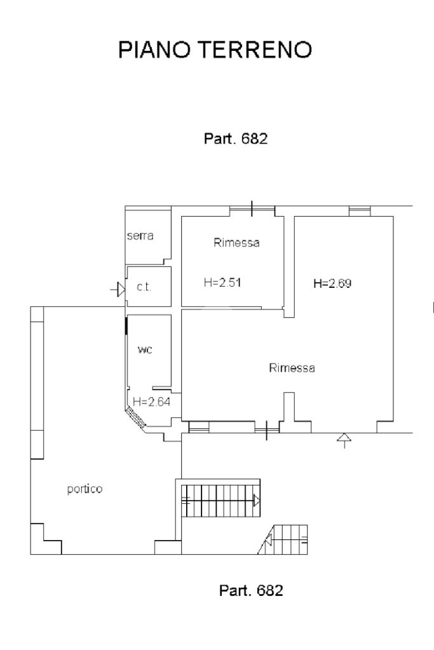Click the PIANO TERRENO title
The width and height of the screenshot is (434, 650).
pos(215,50)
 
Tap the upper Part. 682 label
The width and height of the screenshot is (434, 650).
pos(236,139)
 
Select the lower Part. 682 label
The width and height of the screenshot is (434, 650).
pos(251,590)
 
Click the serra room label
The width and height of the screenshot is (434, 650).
pos(140,236)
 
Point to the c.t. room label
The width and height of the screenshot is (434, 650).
pos(144,287)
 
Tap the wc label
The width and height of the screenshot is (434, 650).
pos(145,350)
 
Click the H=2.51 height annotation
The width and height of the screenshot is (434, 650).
pos(222,283)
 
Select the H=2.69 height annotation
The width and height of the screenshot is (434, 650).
pos(332,283)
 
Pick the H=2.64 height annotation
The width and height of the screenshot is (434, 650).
pos(151,402)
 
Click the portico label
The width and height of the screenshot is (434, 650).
pos(85,489)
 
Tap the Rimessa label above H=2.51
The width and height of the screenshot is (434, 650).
pos(236,243)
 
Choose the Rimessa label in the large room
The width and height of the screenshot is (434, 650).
pos(292,368)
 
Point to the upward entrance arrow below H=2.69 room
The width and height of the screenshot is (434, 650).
pos(344,441)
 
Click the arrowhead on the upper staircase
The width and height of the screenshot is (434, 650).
pos(257,501)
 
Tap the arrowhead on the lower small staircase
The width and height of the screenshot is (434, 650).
pos(268,540)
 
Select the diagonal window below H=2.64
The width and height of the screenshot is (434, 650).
pos(135,417)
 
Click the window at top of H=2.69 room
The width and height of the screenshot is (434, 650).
pos(360,211)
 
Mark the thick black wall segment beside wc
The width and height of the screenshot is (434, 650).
pos(126,326)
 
